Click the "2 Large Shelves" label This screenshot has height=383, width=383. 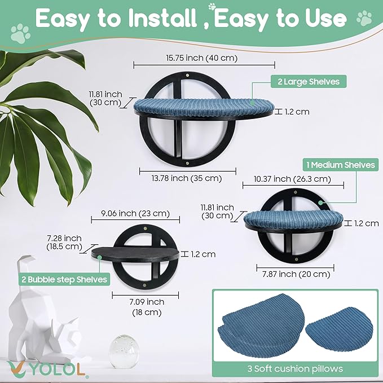pyautogui.click(x=309, y=82)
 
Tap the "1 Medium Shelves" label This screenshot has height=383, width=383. pyautogui.click(x=341, y=165)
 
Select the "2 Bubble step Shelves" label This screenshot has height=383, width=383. pyautogui.click(x=64, y=279)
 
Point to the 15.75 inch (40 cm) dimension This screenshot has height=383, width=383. pyautogui.click(x=202, y=58)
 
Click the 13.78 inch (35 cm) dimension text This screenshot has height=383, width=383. pyautogui.click(x=187, y=178)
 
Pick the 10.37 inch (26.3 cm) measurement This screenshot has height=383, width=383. pyautogui.click(x=292, y=179)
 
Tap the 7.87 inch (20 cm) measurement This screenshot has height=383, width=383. pyautogui.click(x=296, y=274)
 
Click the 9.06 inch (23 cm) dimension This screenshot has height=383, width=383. pyautogui.click(x=135, y=213)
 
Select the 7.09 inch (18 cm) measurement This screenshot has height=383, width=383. pyautogui.click(x=147, y=307)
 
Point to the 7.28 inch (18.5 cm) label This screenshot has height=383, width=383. pyautogui.click(x=64, y=243)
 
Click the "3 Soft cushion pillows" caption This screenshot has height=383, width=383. pyautogui.click(x=295, y=368)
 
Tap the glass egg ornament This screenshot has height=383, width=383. pyautogui.click(x=124, y=351)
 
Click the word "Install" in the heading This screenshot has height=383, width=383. pyautogui.click(x=162, y=19)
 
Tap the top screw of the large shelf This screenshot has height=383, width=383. pyautogui.click(x=187, y=76)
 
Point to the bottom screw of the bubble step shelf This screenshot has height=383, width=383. pyautogui.click(x=144, y=285)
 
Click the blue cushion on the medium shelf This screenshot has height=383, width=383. pyautogui.click(x=293, y=218)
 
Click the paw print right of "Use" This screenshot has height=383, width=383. pyautogui.click(x=364, y=18)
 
